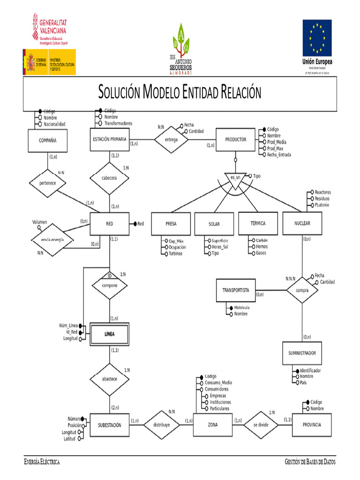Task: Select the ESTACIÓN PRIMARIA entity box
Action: coord(110,139)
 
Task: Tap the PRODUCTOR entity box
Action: coord(235,140)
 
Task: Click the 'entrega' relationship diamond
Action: coord(172,139)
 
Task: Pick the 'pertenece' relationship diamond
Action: coord(47,183)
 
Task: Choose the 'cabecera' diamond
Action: coord(109,178)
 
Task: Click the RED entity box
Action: coord(109,224)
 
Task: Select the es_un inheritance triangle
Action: coord(235,179)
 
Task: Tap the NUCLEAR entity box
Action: coord(302,223)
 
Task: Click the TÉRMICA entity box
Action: coord(258,223)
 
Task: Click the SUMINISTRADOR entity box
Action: coord(302,353)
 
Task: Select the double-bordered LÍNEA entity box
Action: coord(109,334)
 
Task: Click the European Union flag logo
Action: coord(317,37)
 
